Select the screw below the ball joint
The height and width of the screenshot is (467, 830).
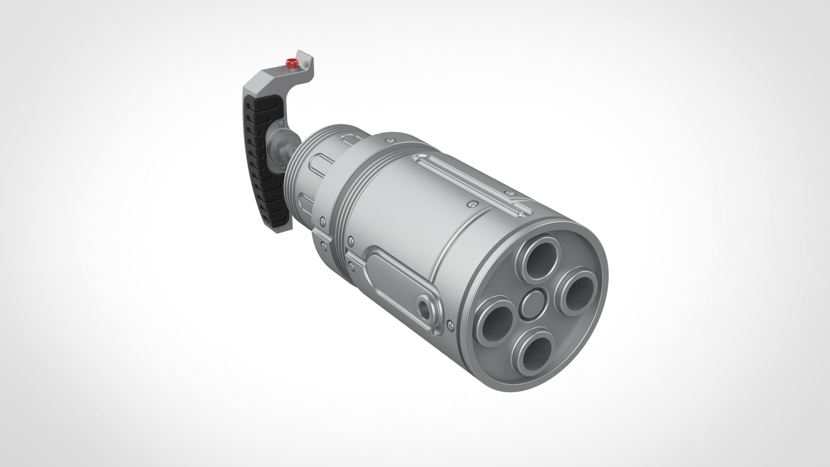(x=283, y=168)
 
